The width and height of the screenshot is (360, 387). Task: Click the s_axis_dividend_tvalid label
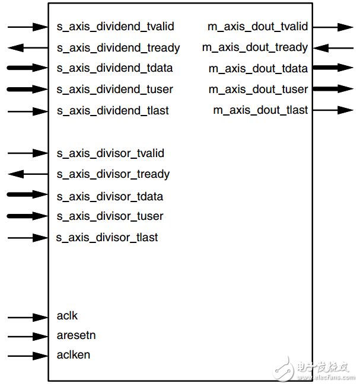click(115, 27)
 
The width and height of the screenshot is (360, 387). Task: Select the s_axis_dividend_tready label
click(118, 48)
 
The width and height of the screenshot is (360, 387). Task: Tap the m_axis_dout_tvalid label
click(257, 27)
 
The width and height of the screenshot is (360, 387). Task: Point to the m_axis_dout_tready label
click(255, 47)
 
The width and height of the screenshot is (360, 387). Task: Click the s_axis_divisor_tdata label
click(110, 197)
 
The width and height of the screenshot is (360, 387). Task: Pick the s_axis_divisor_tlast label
click(107, 238)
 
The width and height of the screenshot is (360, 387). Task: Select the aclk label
click(67, 316)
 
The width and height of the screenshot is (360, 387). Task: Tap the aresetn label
click(76, 335)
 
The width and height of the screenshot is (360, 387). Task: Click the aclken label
click(74, 355)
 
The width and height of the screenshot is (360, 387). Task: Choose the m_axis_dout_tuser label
click(258, 89)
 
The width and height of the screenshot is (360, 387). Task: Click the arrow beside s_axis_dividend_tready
click(28, 48)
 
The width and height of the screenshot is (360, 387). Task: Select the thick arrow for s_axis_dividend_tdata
click(27, 68)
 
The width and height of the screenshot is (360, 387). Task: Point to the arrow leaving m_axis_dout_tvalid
click(333, 27)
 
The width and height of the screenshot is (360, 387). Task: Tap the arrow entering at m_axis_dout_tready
click(333, 48)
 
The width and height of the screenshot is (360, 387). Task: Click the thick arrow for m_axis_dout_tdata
click(333, 68)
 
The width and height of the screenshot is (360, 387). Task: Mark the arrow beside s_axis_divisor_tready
click(28, 174)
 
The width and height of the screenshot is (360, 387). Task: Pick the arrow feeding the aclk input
click(28, 318)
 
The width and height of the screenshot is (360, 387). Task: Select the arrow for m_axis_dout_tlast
click(333, 110)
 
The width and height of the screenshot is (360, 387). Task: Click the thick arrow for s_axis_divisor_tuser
click(27, 216)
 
